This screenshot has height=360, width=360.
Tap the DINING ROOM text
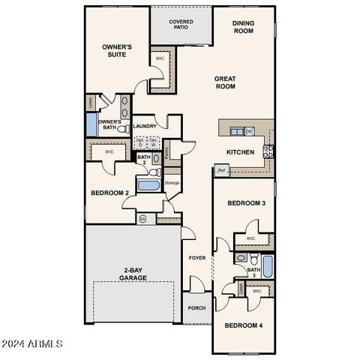[x=243, y=28]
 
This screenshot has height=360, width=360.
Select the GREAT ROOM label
[x=225, y=82]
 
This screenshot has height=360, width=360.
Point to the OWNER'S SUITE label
[x=118, y=51]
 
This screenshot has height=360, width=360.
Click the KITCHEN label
[x=241, y=152]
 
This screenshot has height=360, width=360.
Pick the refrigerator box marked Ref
[x=221, y=170]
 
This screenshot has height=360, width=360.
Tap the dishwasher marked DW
[x=249, y=132]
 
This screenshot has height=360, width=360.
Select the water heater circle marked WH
[x=143, y=219]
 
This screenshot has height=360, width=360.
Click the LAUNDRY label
[x=145, y=127]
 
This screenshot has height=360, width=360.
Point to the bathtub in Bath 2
[x=148, y=184]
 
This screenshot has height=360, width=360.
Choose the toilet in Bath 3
[x=239, y=259]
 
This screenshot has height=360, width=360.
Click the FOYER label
[x=196, y=258]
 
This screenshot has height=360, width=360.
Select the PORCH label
[x=196, y=307]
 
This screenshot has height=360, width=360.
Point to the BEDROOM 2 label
[x=110, y=193]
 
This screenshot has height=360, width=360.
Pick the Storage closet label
[x=172, y=182]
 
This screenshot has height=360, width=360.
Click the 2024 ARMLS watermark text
[x=32, y=343]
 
